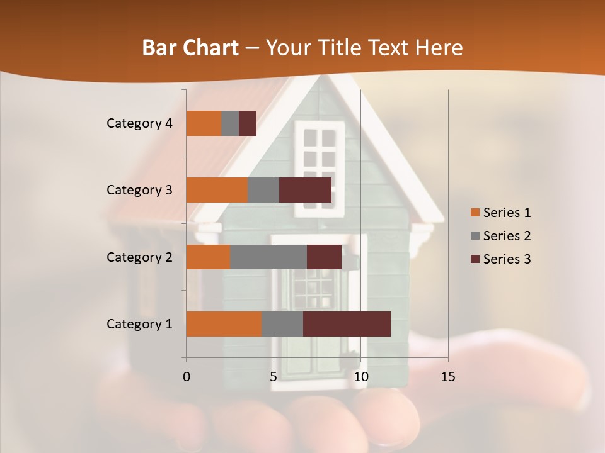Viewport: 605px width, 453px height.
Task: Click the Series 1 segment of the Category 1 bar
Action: (224, 324)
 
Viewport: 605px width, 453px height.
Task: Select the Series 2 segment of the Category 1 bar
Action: (282, 324)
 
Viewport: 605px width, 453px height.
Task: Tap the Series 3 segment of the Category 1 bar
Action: (347, 324)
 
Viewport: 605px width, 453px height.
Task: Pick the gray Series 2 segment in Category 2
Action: (268, 257)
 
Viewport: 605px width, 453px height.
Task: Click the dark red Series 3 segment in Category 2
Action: (324, 257)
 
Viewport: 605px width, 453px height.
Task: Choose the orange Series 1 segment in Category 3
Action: (217, 190)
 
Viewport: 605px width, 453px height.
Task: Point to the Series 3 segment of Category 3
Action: (305, 190)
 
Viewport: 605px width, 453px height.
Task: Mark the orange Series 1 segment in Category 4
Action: (204, 123)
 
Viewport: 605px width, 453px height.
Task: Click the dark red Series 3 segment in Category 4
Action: (248, 123)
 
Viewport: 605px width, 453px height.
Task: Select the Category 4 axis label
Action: (139, 123)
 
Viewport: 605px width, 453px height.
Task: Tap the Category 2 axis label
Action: (139, 257)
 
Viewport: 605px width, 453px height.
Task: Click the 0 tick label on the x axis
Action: (187, 377)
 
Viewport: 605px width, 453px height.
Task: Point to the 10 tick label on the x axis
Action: (360, 377)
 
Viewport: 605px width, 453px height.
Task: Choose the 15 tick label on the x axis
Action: (447, 377)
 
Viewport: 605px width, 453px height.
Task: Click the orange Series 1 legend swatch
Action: (475, 213)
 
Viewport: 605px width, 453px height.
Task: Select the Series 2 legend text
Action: (507, 236)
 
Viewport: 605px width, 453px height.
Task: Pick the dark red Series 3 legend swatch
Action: (475, 259)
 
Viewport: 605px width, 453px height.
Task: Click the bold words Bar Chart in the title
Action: (190, 47)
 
